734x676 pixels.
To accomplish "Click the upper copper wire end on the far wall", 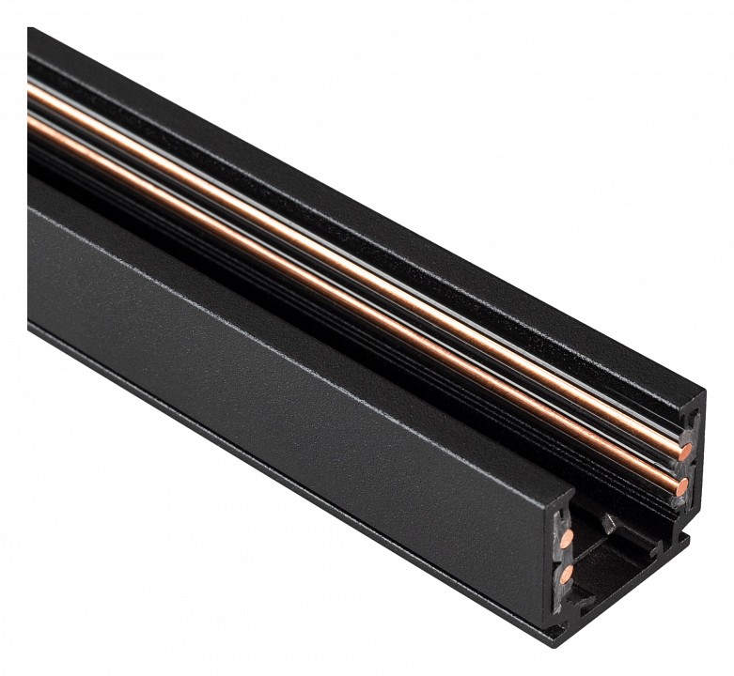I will [686, 452].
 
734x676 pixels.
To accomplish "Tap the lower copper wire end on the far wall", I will [681, 485].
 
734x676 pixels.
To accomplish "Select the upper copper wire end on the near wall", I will [567, 537].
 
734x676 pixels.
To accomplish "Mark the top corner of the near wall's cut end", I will [568, 488].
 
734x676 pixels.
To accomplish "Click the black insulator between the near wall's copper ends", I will [566, 555].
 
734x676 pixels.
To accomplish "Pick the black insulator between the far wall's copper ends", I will [684, 469].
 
